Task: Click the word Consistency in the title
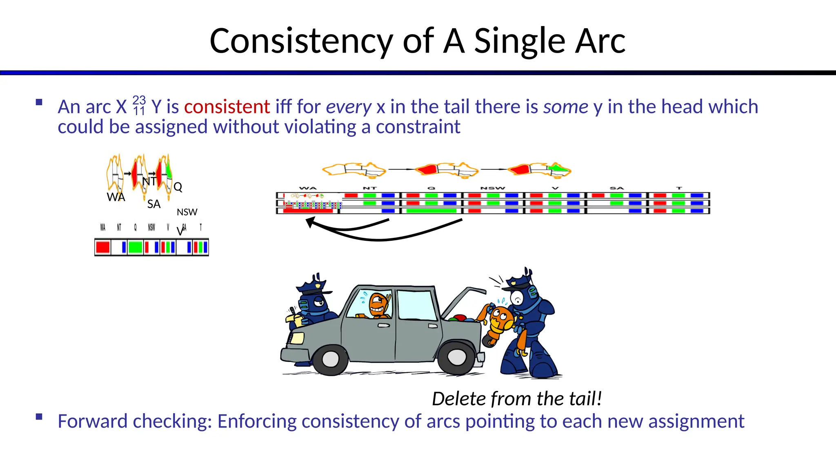301,41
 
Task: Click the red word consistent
227,107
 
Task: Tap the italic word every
349,107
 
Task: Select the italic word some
566,107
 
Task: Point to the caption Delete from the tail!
517,399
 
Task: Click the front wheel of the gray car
330,359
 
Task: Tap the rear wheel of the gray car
457,357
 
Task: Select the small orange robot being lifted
500,322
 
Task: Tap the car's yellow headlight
297,338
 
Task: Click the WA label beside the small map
116,197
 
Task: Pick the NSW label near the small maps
187,212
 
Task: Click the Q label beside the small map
178,187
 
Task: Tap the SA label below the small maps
154,204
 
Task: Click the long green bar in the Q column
431,211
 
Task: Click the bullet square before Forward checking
39,417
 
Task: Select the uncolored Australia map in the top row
354,169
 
